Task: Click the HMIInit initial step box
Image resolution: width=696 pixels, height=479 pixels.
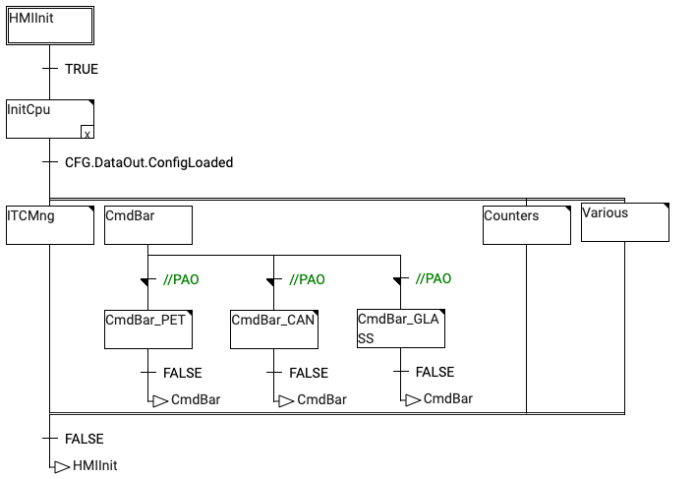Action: [x=50, y=26]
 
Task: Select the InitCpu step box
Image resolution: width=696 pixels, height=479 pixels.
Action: [x=50, y=120]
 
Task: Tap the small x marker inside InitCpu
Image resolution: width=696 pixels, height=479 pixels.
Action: [x=87, y=133]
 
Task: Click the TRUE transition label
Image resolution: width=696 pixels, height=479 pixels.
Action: [x=82, y=70]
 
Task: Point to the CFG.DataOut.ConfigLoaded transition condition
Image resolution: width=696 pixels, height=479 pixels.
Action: [x=148, y=162]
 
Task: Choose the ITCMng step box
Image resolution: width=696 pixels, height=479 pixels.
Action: [x=50, y=225]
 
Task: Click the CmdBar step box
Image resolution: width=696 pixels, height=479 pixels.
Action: [x=147, y=225]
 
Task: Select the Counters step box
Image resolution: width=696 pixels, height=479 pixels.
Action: [x=526, y=225]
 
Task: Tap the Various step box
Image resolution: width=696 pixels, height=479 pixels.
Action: [x=624, y=222]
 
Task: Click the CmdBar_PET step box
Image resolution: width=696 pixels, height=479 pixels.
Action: [x=147, y=329]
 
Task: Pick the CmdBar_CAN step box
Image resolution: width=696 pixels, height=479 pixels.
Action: [x=274, y=329]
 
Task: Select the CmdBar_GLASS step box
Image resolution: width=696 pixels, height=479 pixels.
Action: [x=400, y=329]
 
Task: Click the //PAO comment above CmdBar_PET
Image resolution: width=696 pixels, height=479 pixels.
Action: [x=181, y=279]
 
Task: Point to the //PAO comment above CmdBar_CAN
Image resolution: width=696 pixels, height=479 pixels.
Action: [x=307, y=279]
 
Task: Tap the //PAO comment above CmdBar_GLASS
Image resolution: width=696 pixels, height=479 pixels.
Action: [x=434, y=278]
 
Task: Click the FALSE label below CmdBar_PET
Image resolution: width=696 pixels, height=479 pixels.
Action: [x=182, y=373]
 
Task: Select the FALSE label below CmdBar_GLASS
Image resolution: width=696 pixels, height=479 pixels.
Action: [x=435, y=372]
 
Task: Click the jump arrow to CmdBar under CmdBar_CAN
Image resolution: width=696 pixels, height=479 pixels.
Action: [x=285, y=400]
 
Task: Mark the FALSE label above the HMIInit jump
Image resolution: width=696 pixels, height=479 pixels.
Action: [x=84, y=439]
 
